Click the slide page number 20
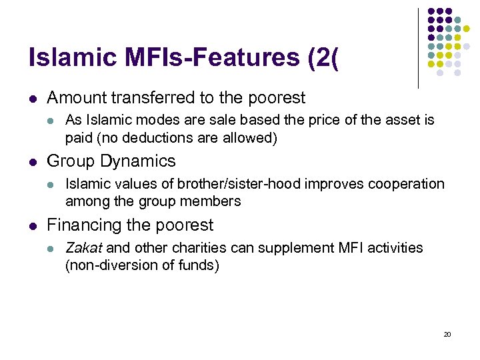pyautogui.click(x=447, y=334)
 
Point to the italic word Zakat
pyautogui.click(x=83, y=248)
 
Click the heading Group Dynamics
pyautogui.click(x=111, y=161)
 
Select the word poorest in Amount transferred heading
pyautogui.click(x=276, y=98)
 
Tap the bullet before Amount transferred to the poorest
pyautogui.click(x=33, y=99)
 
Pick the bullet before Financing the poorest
pyautogui.click(x=33, y=226)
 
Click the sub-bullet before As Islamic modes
pyautogui.click(x=52, y=121)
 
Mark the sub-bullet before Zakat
pyautogui.click(x=52, y=249)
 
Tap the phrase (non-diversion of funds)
pyautogui.click(x=142, y=265)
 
